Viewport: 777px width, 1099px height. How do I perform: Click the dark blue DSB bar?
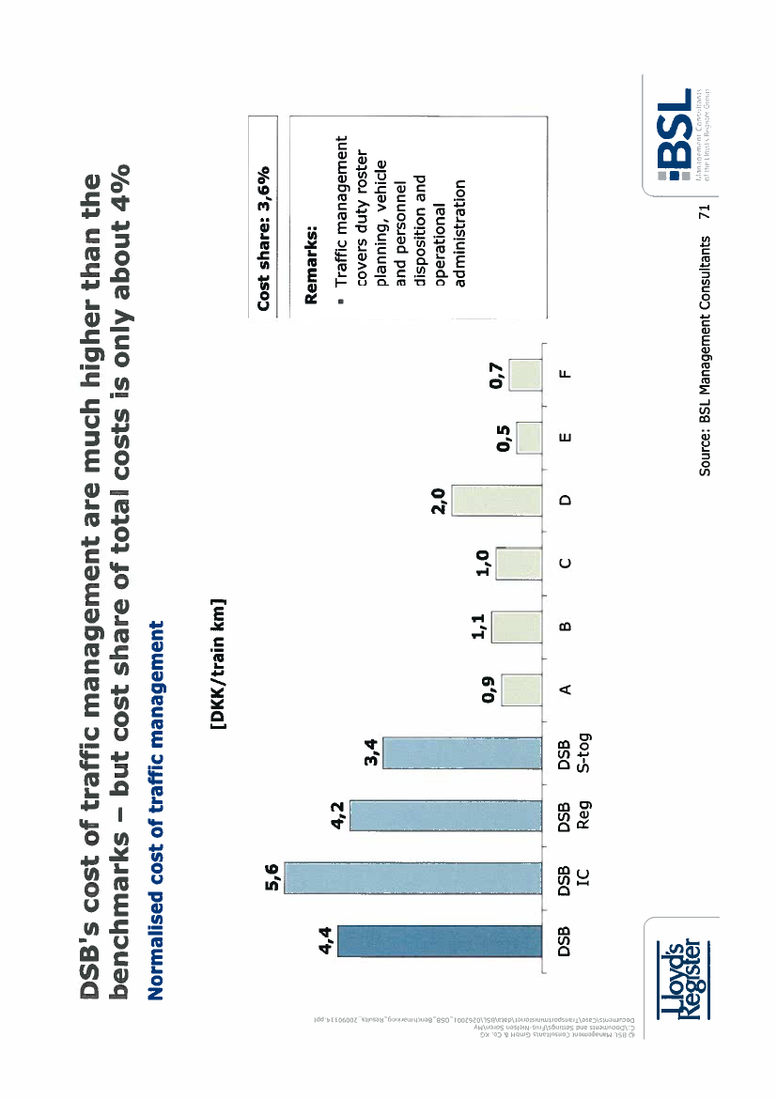click(x=440, y=940)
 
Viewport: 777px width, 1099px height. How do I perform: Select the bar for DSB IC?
click(x=413, y=877)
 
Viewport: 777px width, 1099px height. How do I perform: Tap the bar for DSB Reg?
click(x=446, y=815)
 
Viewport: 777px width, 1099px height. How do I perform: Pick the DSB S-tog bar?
click(x=464, y=752)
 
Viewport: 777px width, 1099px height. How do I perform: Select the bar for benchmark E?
click(x=530, y=438)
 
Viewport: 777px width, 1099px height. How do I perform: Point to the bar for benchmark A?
click(x=522, y=689)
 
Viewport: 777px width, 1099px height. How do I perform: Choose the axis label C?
click(x=564, y=564)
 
